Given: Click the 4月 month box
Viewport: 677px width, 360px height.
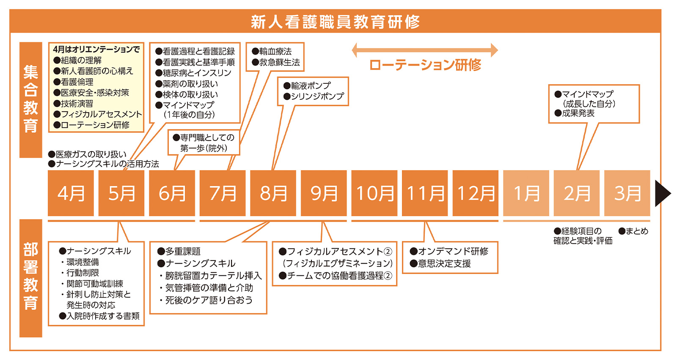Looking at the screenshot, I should [71, 193].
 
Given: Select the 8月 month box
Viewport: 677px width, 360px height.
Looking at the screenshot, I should [273, 193].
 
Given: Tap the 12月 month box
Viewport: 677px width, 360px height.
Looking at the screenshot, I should [476, 193].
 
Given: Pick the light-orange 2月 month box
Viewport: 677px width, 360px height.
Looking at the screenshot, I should [576, 193].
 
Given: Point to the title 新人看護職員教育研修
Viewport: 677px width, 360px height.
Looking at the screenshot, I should [335, 22].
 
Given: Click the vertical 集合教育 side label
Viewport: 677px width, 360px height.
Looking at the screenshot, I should [31, 99].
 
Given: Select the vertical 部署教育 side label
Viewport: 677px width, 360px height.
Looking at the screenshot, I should [31, 277].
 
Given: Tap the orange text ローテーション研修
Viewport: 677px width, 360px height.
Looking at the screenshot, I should [425, 65].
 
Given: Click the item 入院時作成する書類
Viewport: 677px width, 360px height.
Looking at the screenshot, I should [100, 316].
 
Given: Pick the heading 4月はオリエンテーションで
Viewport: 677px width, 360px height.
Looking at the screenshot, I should [96, 49].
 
